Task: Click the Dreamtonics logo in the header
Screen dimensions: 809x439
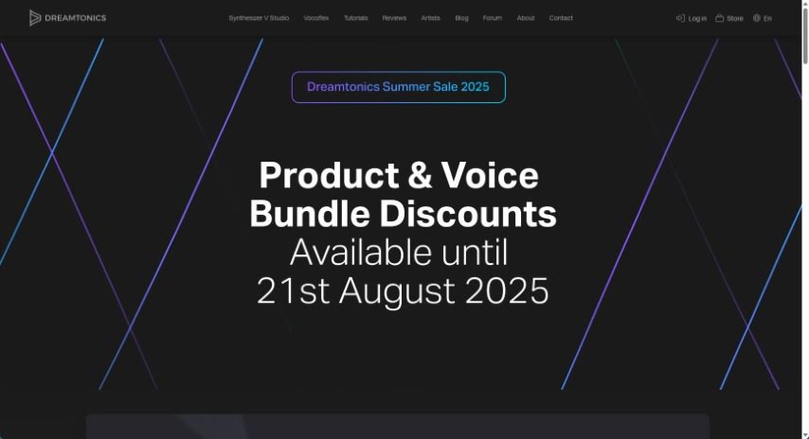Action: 67,18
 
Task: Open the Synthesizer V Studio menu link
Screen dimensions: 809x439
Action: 259,18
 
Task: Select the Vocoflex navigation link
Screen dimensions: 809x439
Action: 315,18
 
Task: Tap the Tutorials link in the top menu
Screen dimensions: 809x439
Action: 355,18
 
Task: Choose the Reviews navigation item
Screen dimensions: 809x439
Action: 394,18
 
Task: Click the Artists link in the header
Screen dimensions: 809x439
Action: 430,18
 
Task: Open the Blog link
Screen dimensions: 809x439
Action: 461,18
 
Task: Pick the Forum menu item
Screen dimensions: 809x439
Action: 493,18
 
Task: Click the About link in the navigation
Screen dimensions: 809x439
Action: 526,18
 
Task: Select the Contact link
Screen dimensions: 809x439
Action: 561,18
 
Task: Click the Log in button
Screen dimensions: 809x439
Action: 692,19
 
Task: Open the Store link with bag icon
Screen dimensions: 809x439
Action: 729,19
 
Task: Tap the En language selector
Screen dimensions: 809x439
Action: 762,19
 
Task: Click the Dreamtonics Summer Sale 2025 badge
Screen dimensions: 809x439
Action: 398,87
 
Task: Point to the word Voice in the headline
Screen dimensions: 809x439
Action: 490,175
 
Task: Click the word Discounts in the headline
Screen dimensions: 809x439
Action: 468,214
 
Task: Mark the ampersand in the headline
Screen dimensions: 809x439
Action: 420,175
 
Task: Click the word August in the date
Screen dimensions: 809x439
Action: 397,291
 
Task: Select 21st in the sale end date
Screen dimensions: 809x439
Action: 293,291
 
